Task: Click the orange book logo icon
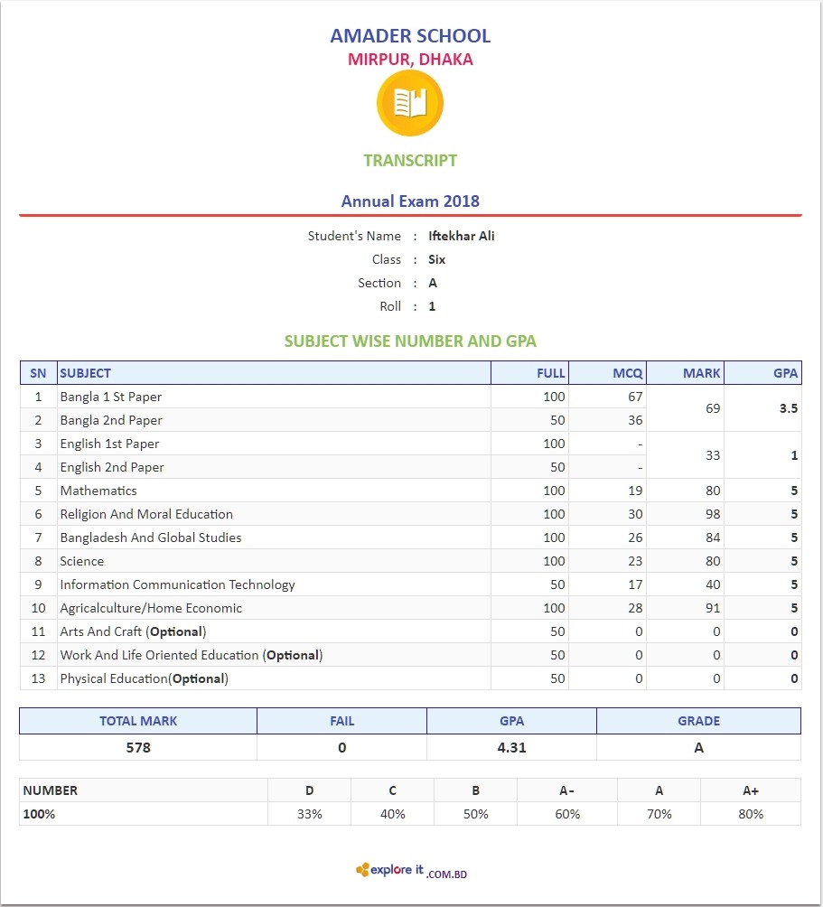(x=409, y=103)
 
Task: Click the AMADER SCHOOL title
(x=410, y=36)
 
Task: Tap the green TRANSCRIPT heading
(x=410, y=161)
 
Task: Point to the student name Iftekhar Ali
(x=462, y=236)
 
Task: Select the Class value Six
(x=437, y=259)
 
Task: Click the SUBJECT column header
(x=86, y=373)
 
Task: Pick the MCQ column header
(x=628, y=373)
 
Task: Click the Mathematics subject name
(x=98, y=491)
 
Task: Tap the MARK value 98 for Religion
(x=713, y=514)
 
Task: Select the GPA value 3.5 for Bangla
(x=788, y=408)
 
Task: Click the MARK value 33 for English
(x=713, y=455)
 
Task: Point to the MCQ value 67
(x=635, y=397)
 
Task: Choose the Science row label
(x=82, y=561)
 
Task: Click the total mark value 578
(x=138, y=748)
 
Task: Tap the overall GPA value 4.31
(x=512, y=748)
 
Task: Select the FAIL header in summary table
(x=342, y=721)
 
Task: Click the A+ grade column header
(x=750, y=790)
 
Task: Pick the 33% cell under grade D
(x=310, y=814)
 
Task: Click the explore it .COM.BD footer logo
(x=411, y=871)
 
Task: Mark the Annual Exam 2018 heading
(x=410, y=201)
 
